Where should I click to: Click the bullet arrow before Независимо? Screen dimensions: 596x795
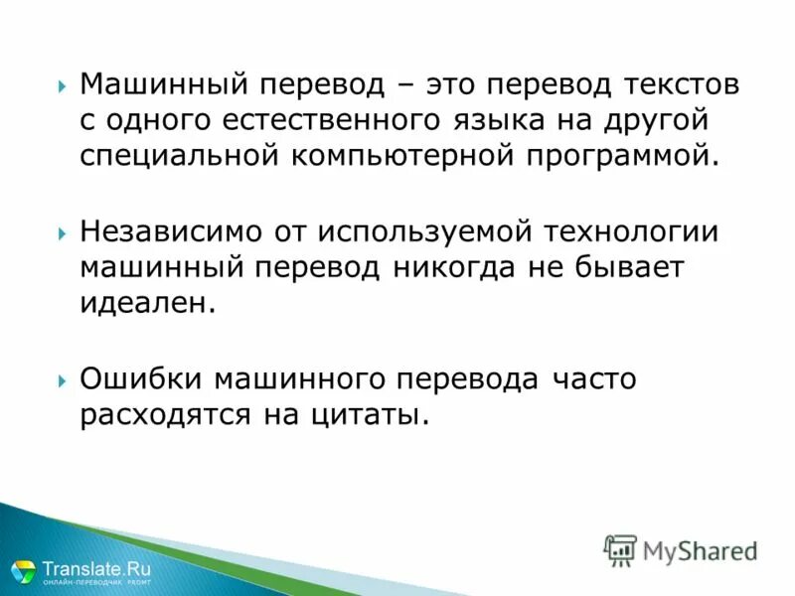tap(64, 231)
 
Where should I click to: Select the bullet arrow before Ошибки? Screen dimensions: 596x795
tap(64, 378)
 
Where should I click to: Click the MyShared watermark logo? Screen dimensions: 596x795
tap(682, 549)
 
